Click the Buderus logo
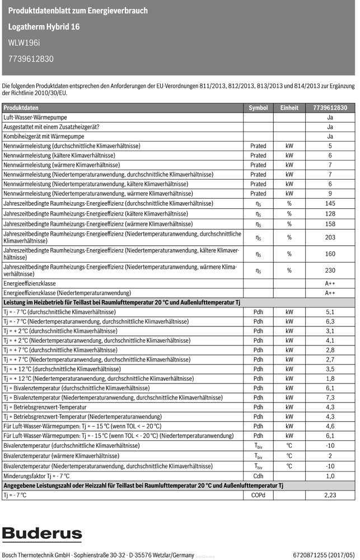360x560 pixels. click(x=42, y=534)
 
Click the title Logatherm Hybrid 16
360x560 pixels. click(x=44, y=26)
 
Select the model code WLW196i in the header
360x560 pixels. click(x=25, y=42)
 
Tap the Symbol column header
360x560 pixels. click(x=258, y=108)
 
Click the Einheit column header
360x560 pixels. click(x=289, y=108)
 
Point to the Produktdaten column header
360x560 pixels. click(x=21, y=108)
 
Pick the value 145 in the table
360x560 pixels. click(x=330, y=203)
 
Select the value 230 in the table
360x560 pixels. click(x=330, y=270)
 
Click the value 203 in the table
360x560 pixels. click(x=330, y=237)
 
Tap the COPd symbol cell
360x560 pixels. click(x=258, y=495)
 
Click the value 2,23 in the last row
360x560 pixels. click(x=330, y=495)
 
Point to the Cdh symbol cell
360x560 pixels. click(x=258, y=476)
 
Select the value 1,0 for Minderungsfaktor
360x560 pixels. click(x=330, y=476)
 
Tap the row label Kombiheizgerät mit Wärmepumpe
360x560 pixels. click(x=44, y=136)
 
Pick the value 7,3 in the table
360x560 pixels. click(x=330, y=398)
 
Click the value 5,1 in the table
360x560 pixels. click(x=330, y=312)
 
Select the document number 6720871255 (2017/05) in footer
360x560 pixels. click(x=323, y=555)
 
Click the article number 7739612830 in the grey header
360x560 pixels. click(x=31, y=58)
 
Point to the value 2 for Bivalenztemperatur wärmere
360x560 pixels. click(x=330, y=456)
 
